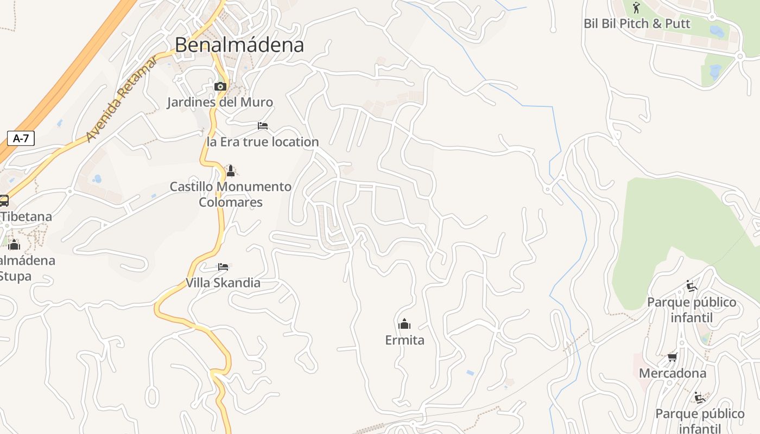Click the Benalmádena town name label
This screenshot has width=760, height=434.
(x=239, y=45)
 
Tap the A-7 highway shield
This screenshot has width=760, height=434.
(x=21, y=138)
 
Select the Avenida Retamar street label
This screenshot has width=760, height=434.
(x=122, y=99)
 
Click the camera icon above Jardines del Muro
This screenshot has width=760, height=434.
(x=220, y=86)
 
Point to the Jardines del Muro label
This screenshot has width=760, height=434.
(x=220, y=102)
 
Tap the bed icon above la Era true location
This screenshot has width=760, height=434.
(x=263, y=126)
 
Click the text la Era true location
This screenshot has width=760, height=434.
(x=263, y=142)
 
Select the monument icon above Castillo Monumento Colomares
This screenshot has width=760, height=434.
(x=231, y=171)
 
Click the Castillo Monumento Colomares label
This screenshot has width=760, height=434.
(x=231, y=194)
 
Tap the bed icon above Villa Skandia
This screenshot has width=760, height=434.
(x=223, y=266)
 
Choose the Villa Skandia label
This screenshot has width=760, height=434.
(x=223, y=283)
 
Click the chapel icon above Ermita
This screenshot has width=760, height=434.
(x=404, y=324)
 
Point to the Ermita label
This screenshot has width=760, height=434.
(x=404, y=340)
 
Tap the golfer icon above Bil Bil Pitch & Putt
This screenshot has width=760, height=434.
(x=637, y=8)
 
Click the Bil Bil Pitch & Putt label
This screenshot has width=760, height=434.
(x=637, y=24)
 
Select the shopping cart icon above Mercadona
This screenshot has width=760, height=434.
(x=673, y=357)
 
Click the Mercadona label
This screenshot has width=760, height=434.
(x=673, y=373)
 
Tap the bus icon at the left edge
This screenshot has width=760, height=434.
(x=3, y=201)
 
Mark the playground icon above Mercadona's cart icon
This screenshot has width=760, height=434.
(x=691, y=286)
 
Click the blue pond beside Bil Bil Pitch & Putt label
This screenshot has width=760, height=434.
(x=717, y=31)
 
